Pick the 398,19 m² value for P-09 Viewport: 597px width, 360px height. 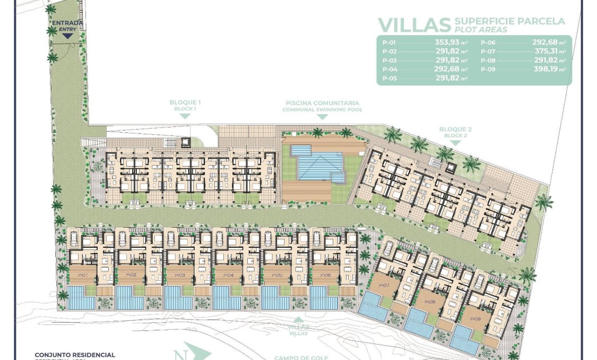click(x=549, y=70)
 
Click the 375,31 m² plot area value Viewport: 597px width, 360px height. click(x=549, y=52)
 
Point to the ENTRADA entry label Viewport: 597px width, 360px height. click(x=67, y=23)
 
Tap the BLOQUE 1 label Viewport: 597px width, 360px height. click(x=185, y=102)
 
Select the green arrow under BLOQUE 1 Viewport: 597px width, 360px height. click(x=185, y=116)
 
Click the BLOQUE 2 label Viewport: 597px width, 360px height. click(x=455, y=129)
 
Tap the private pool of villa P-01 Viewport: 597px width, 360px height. click(x=82, y=298)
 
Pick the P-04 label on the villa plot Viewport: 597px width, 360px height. click(x=229, y=276)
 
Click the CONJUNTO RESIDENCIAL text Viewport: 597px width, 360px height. click(x=75, y=354)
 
